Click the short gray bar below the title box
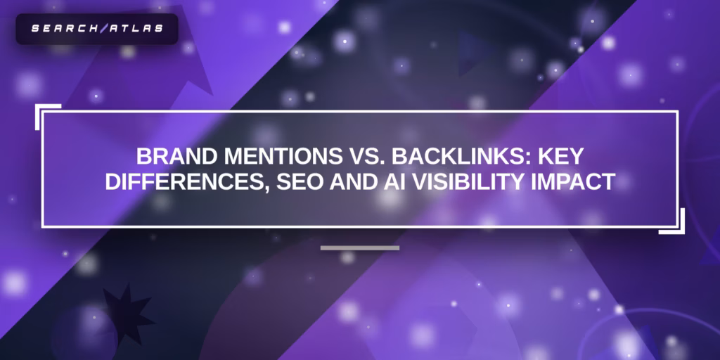point(359,247)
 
